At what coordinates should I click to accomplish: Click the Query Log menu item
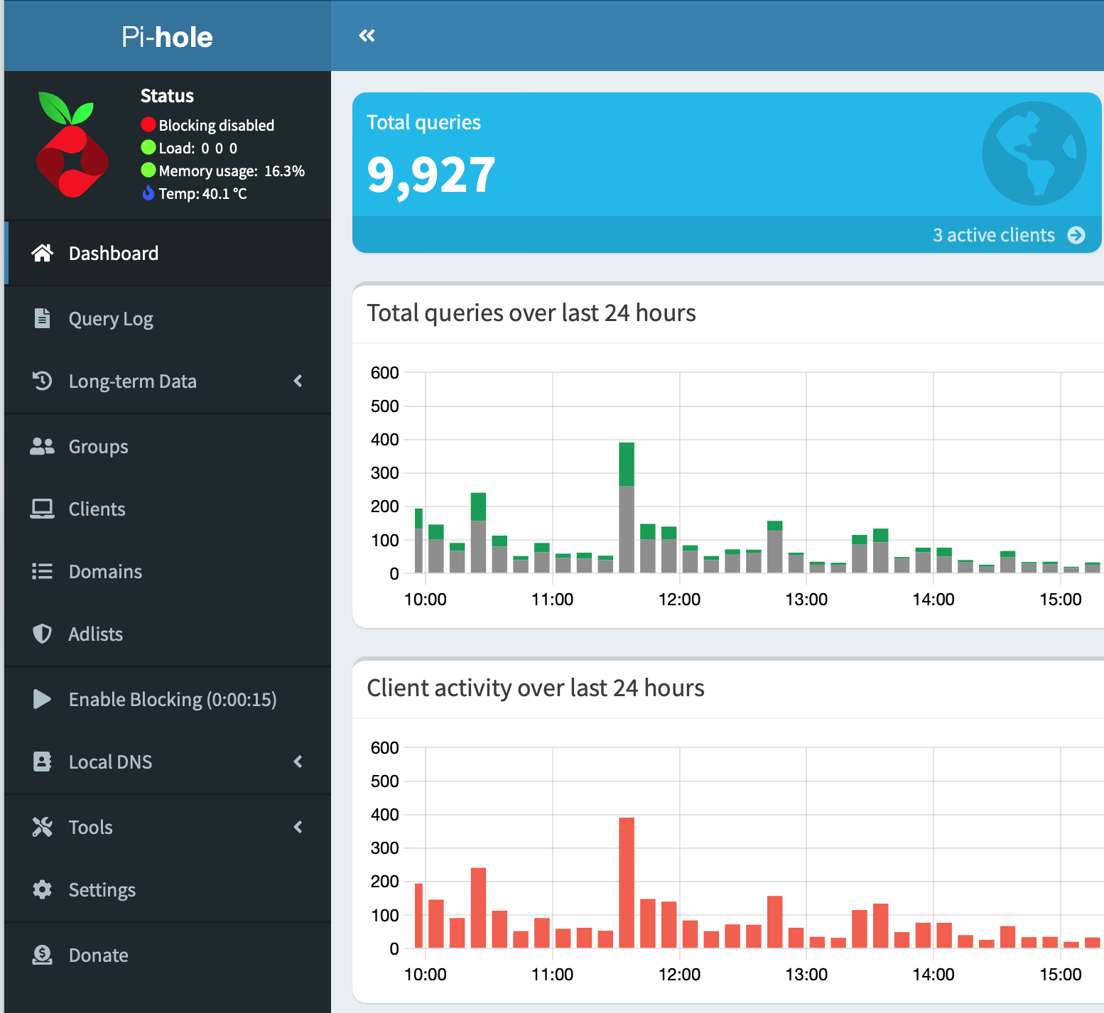(x=111, y=319)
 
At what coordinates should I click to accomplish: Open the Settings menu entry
(x=102, y=890)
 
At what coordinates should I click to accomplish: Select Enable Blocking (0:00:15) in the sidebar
(x=172, y=700)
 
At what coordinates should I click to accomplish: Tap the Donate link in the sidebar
(x=98, y=955)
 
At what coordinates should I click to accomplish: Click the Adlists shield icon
(x=43, y=634)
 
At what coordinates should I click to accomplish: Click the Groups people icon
(x=43, y=446)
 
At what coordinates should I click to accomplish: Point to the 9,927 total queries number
(x=431, y=175)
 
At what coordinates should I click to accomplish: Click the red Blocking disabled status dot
(x=148, y=125)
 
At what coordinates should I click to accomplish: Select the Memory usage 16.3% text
(x=231, y=171)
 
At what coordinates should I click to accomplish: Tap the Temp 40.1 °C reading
(x=202, y=194)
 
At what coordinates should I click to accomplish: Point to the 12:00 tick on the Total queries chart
(x=679, y=599)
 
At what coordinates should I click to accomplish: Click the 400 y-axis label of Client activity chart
(x=384, y=815)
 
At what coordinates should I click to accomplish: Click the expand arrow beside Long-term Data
(x=298, y=381)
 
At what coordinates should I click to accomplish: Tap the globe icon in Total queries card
(x=1034, y=153)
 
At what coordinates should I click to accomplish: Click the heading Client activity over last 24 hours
(x=535, y=688)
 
